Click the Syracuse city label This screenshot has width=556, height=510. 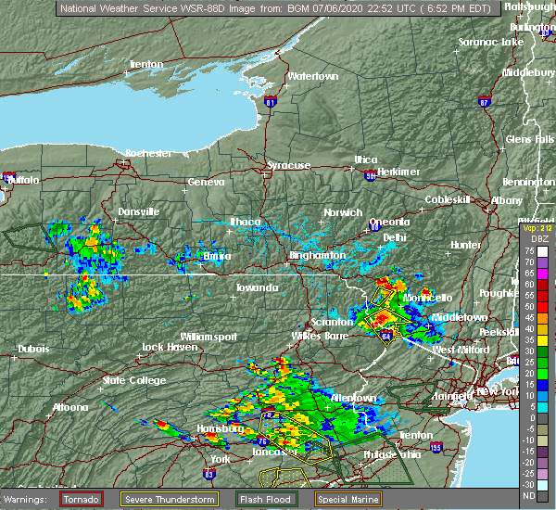288,165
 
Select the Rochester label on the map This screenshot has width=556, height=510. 148,152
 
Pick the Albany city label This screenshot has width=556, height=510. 507,200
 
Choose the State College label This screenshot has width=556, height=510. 126,380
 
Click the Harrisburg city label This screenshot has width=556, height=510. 220,428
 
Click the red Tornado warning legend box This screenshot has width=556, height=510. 81,499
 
